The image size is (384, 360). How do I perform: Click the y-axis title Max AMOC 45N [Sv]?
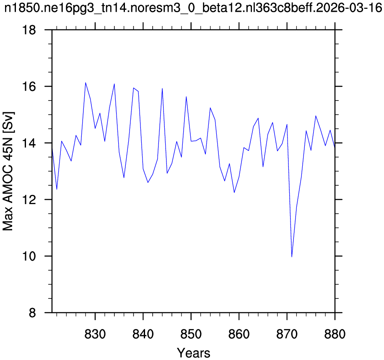tap(8, 171)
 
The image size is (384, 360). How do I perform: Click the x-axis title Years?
tap(194, 353)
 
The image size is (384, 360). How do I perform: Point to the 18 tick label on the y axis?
tap(29, 30)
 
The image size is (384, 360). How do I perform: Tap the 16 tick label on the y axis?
tap(29, 86)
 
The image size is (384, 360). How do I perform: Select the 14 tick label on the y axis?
tap(29, 143)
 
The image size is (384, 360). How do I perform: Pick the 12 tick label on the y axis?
tap(29, 199)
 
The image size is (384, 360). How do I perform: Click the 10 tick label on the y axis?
tap(29, 256)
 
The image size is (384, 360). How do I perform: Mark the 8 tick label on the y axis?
tap(32, 313)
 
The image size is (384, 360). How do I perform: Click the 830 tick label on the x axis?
tap(95, 334)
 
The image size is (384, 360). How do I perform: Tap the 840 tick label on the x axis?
tap(143, 334)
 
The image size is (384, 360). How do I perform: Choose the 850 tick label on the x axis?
tap(191, 334)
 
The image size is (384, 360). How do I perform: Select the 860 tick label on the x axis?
tap(239, 334)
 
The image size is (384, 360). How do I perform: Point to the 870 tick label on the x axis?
tap(287, 334)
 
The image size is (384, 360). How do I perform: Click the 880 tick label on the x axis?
tap(335, 334)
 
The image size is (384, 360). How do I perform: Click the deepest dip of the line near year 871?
tap(292, 256)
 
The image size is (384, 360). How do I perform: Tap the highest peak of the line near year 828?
tap(86, 83)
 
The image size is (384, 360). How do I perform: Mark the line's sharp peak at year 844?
tap(162, 88)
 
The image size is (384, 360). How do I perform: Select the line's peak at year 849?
tap(186, 97)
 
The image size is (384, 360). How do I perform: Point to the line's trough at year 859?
tap(234, 192)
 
